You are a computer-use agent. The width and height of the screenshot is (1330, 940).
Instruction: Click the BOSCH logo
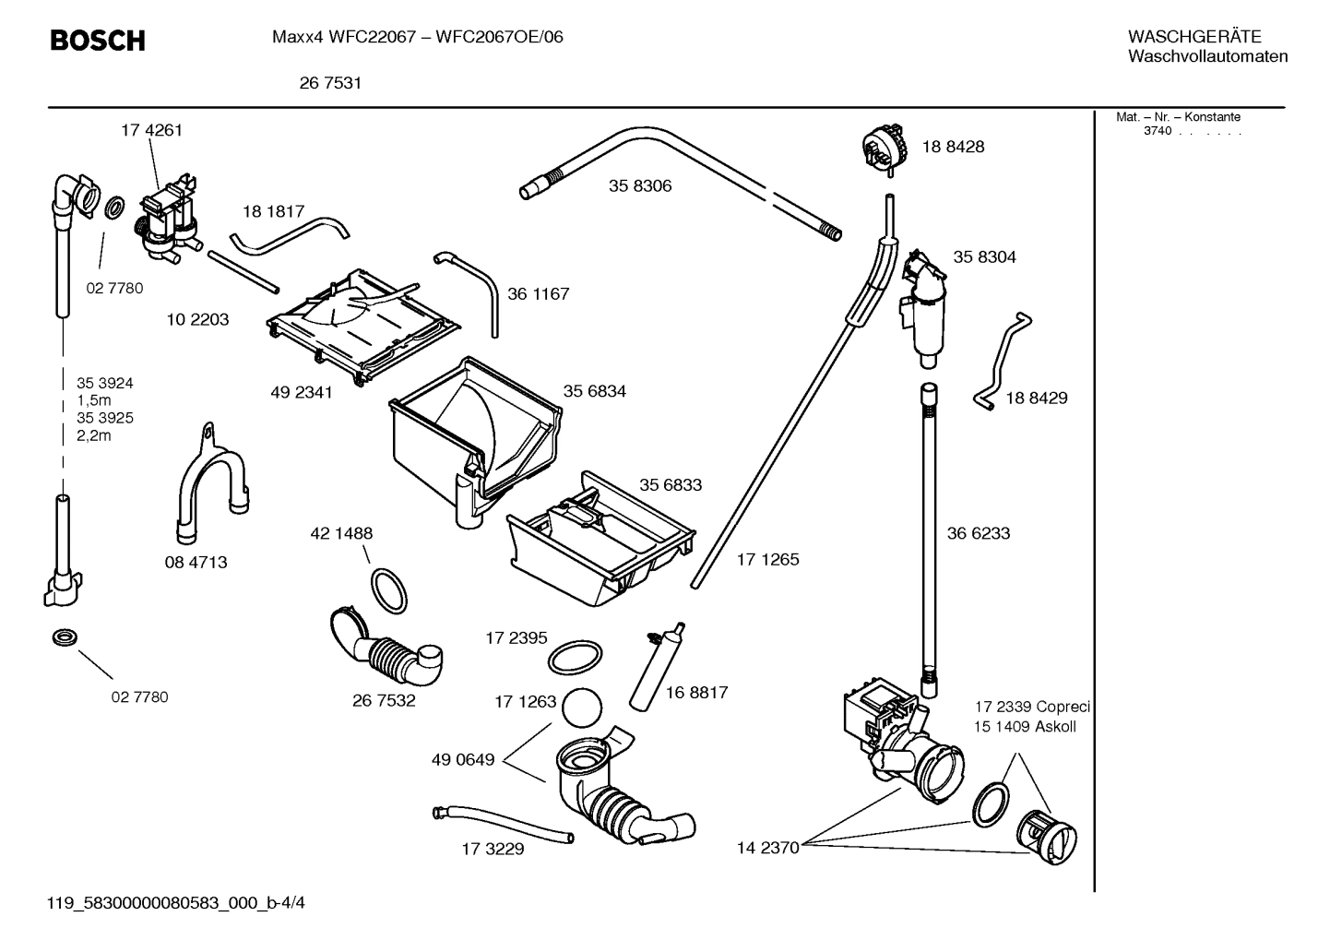(97, 41)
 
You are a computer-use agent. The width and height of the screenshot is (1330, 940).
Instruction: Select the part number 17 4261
(151, 130)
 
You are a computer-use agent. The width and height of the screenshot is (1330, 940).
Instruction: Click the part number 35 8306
(639, 185)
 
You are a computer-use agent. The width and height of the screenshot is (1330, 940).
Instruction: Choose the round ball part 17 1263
(582, 708)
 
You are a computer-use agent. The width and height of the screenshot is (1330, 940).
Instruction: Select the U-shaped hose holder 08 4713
(211, 489)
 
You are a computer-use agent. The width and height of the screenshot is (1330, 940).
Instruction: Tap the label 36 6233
(979, 533)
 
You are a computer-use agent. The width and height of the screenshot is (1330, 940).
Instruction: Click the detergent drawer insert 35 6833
(600, 540)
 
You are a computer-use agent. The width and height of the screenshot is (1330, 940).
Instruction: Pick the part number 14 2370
(767, 848)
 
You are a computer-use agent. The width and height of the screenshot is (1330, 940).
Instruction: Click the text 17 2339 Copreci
(1032, 707)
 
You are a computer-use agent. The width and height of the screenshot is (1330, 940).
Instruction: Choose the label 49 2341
(302, 392)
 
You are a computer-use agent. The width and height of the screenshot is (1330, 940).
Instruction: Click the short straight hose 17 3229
(503, 824)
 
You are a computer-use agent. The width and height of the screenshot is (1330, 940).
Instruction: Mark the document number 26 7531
(330, 83)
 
